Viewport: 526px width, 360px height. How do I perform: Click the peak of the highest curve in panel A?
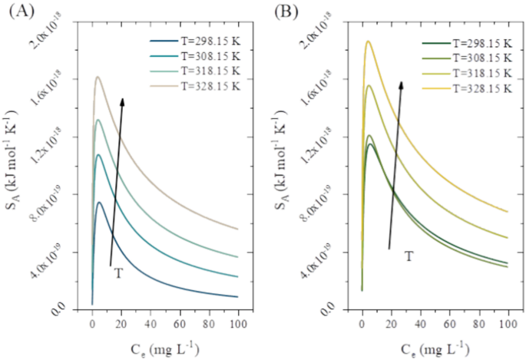pyautogui.click(x=98, y=77)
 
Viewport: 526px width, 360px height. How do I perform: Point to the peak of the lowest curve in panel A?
pyautogui.click(x=99, y=203)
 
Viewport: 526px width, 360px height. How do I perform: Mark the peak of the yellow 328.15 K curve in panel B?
pyautogui.click(x=368, y=41)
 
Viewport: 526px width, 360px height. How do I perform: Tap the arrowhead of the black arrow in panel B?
pyautogui.click(x=401, y=84)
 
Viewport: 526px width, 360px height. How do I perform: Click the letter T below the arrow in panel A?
pyautogui.click(x=118, y=272)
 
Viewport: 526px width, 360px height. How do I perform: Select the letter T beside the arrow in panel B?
pyautogui.click(x=409, y=256)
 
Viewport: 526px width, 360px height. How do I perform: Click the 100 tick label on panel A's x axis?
pyautogui.click(x=237, y=324)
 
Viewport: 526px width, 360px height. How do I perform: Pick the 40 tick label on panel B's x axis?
pyautogui.click(x=420, y=324)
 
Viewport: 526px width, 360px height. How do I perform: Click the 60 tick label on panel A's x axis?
pyautogui.click(x=179, y=324)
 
